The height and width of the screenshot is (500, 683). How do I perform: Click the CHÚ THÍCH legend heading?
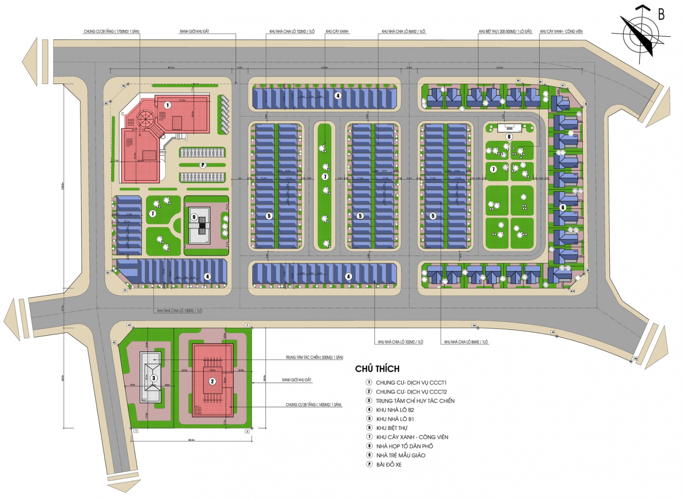[377, 369]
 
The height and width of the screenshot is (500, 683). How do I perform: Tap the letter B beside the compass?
[661, 15]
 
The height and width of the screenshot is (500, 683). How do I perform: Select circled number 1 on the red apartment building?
[168, 105]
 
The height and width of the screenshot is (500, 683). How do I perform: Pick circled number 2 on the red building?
[212, 381]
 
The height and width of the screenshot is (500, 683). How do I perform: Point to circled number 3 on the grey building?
[154, 378]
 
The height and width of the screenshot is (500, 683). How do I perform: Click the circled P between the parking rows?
[203, 165]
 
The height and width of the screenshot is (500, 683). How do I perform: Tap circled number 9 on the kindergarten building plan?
[194, 217]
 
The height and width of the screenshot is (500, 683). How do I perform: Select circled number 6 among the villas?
[563, 208]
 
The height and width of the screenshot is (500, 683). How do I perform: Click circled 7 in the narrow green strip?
[325, 177]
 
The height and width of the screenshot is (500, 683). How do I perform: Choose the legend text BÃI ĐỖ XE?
[388, 465]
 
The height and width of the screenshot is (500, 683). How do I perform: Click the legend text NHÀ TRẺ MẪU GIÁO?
[400, 455]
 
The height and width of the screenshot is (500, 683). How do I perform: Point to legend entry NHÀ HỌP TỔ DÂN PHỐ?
[404, 446]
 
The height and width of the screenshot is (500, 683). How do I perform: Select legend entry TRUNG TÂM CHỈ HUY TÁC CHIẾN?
[415, 401]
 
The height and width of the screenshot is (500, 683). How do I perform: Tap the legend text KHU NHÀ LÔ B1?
[395, 419]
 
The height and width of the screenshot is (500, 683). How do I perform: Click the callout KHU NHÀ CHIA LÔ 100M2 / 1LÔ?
[179, 311]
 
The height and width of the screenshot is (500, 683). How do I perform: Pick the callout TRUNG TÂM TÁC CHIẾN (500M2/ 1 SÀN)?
[314, 357]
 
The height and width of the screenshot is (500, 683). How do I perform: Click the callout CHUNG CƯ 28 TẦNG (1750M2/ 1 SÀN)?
[111, 32]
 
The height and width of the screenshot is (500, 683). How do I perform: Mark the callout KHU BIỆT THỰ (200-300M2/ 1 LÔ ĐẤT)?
[505, 32]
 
